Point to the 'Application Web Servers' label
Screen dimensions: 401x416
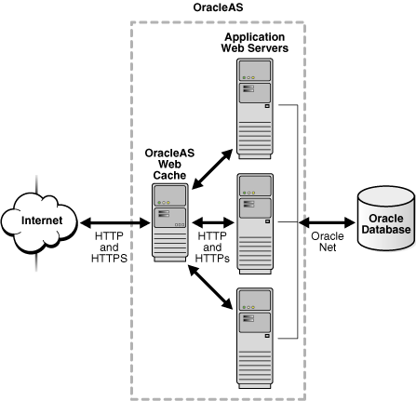click(x=255, y=41)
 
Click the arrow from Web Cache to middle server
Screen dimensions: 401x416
click(x=212, y=222)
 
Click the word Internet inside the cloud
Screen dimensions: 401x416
click(x=42, y=221)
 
